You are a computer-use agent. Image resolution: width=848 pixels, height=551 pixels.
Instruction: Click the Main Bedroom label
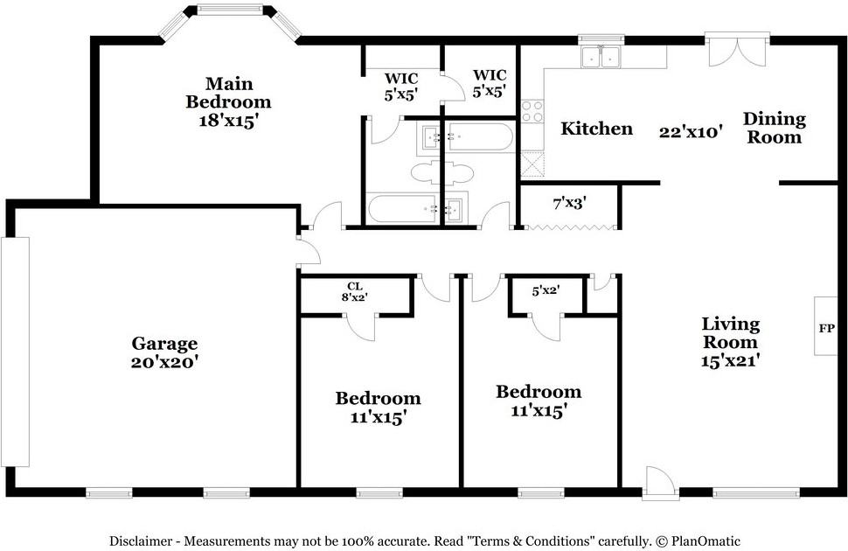[228, 101]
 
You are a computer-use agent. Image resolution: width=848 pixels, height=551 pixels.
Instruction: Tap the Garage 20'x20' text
[164, 352]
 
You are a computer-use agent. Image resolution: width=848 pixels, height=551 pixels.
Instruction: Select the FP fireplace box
[825, 326]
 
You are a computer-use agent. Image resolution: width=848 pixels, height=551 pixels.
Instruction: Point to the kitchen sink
[601, 57]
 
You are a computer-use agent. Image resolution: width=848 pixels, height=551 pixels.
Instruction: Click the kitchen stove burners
[532, 111]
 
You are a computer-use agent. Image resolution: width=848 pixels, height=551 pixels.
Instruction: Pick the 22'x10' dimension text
[691, 131]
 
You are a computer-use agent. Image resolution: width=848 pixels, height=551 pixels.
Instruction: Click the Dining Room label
[775, 128]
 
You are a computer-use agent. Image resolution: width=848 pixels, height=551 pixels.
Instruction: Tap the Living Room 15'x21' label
[731, 342]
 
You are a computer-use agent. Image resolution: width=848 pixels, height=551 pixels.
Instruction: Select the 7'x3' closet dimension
[569, 204]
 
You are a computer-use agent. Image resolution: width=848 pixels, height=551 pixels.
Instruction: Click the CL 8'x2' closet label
[355, 291]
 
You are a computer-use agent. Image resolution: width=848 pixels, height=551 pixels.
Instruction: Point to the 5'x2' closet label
[546, 290]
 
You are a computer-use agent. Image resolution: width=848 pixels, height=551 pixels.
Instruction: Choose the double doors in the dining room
[737, 50]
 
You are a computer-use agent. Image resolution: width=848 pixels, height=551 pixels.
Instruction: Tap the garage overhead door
[15, 352]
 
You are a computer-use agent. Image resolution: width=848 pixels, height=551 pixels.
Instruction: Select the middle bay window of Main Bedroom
[229, 10]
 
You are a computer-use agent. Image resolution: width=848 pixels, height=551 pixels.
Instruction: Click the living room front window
[756, 493]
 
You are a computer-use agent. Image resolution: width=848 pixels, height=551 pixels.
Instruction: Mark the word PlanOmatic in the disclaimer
[706, 541]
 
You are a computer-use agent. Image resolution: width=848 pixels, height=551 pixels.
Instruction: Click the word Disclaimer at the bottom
[141, 541]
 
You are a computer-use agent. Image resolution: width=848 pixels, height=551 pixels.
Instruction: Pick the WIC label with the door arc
[400, 87]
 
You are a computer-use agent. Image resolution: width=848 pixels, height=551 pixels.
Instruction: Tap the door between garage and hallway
[309, 252]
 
